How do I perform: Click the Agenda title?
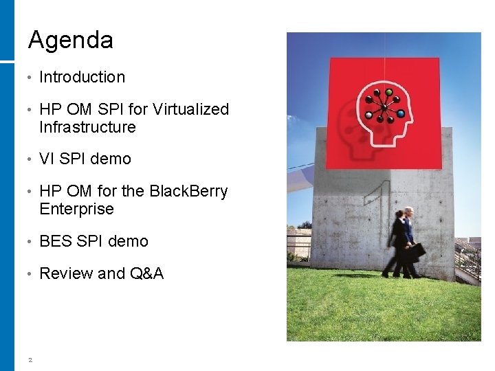tap(70, 40)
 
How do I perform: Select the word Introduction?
tap(82, 77)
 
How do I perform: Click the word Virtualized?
tap(190, 109)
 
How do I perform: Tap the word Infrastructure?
tap(87, 127)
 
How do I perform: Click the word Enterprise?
tap(76, 209)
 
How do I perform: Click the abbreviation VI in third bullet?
tap(47, 159)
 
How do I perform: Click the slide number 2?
tap(30, 358)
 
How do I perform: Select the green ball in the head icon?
tap(388, 92)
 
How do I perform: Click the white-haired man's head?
tap(410, 212)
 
